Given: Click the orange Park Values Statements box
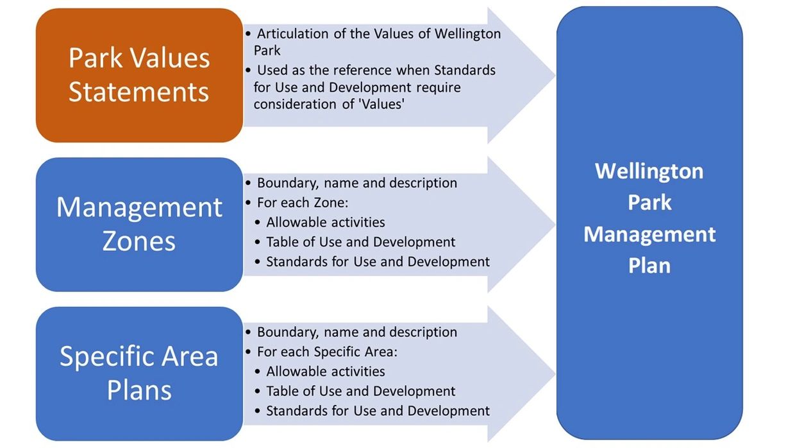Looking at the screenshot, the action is coord(140,75).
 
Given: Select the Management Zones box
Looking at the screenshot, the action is coord(140,225).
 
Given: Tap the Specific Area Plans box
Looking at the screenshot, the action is coord(140,374).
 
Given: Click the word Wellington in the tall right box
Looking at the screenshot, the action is coord(649,171).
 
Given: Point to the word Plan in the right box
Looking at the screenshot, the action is coord(649,265).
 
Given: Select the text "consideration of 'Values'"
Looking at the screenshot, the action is coord(329,104).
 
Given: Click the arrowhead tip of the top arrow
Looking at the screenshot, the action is coord(555,75).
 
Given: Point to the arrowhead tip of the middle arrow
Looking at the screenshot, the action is coord(555,225).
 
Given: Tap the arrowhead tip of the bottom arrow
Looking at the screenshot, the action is coord(555,374).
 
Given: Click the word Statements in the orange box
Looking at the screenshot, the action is coord(138,92).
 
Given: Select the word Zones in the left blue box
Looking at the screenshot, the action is coord(139,241).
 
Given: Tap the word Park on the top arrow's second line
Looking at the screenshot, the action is coord(267,51).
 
